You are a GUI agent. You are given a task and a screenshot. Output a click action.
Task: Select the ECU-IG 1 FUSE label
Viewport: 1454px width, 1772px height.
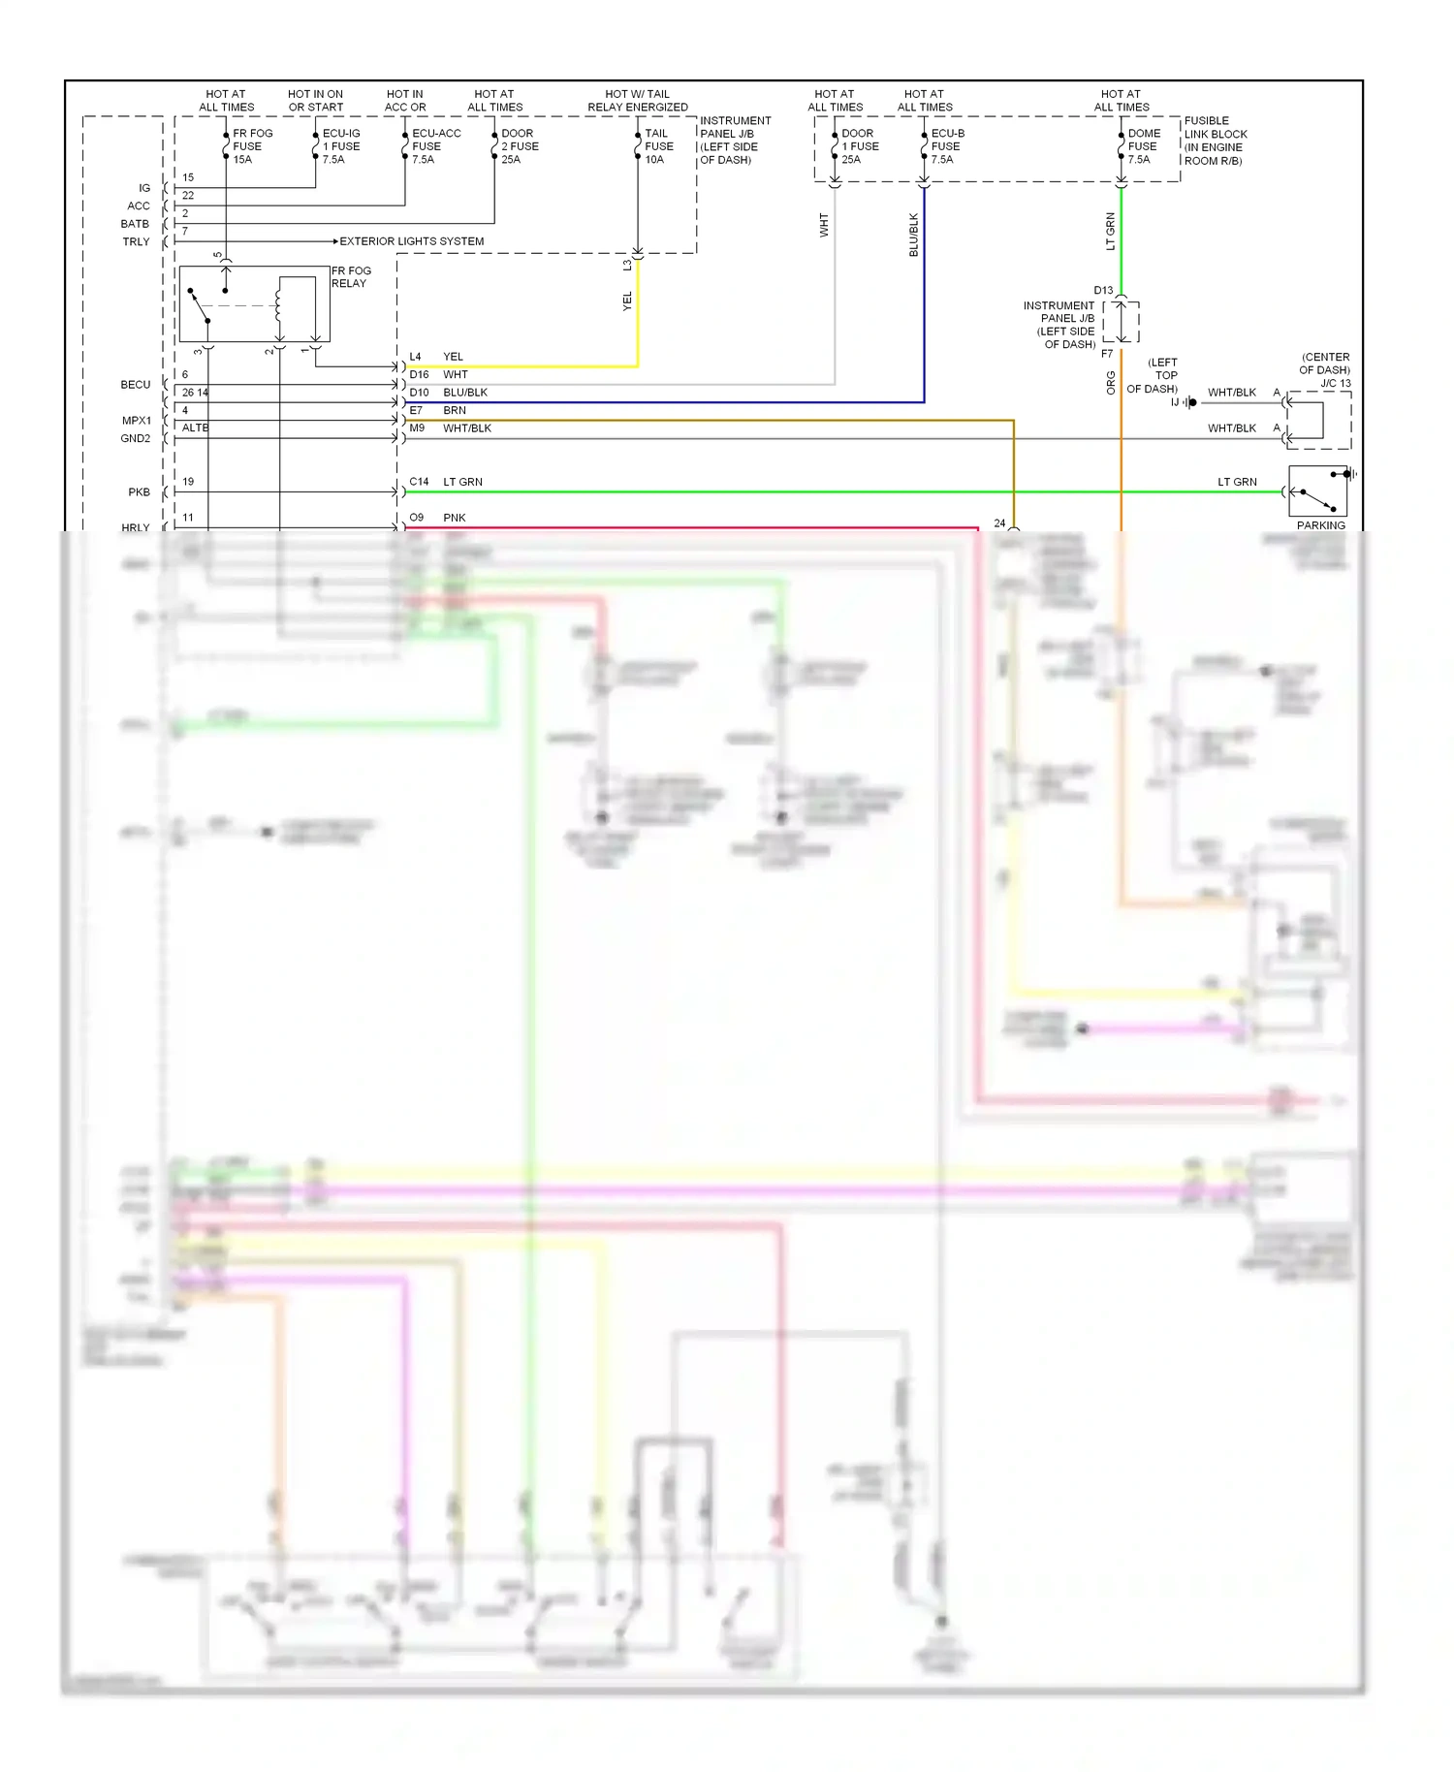[x=340, y=146]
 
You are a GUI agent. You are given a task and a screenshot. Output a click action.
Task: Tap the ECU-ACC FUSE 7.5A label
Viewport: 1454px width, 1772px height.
[x=435, y=146]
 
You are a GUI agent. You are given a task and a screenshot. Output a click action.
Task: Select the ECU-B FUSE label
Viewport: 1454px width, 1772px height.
[x=947, y=146]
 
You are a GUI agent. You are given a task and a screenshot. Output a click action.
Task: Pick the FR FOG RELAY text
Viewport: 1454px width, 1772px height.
[x=351, y=277]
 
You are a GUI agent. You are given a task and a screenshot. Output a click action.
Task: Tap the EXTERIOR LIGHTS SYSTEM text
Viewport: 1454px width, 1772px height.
[x=411, y=241]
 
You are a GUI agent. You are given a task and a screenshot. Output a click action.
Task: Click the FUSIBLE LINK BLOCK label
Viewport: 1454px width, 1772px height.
[x=1215, y=141]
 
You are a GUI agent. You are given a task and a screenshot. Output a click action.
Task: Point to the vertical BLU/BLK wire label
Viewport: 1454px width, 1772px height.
[x=913, y=236]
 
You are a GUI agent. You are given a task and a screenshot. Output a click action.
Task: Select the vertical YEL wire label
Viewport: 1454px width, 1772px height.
[x=627, y=301]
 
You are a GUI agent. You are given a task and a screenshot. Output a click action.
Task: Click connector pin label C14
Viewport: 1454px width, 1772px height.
[x=419, y=482]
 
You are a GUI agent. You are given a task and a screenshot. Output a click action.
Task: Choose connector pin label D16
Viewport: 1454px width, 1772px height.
[x=419, y=374]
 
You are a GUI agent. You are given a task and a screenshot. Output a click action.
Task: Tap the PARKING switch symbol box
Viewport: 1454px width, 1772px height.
[x=1317, y=491]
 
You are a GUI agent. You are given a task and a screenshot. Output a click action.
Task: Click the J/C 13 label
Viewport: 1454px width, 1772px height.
[x=1335, y=383]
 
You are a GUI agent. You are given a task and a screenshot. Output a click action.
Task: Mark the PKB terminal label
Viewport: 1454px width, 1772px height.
[x=139, y=492]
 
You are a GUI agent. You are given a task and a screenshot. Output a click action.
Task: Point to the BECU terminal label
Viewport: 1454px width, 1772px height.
[x=136, y=385]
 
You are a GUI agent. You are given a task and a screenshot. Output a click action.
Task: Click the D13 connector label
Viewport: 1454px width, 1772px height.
[x=1103, y=291]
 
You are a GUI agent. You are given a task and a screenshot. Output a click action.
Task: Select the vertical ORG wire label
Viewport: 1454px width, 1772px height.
[x=1111, y=383]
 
